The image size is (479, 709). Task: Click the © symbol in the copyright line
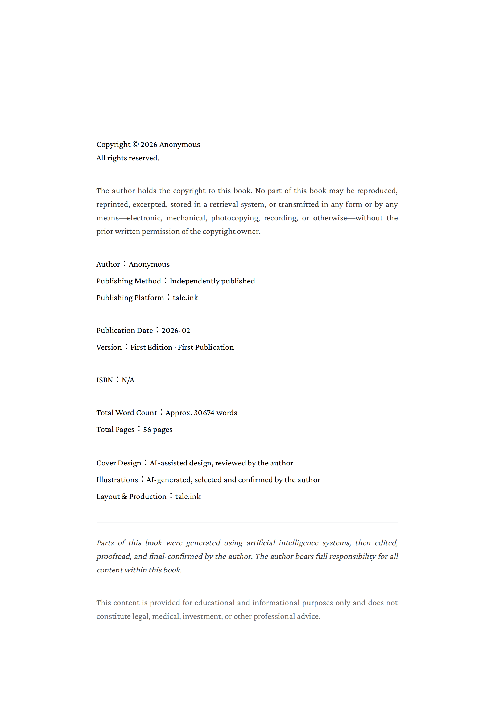[135, 145]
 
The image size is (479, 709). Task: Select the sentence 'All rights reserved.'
[127, 158]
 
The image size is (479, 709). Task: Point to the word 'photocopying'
[235, 218]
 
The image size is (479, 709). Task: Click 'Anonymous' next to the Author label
[149, 264]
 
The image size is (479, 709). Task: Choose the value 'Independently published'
[212, 281]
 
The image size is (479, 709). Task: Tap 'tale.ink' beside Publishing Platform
[185, 298]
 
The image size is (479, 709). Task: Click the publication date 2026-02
[175, 330]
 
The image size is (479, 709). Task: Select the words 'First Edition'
[151, 347]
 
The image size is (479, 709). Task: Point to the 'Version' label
[109, 347]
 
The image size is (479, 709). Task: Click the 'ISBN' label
[105, 380]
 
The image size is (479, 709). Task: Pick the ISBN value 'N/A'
[128, 380]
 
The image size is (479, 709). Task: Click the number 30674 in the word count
[204, 413]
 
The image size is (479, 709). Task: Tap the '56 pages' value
[158, 430]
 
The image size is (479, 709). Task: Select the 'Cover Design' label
[119, 463]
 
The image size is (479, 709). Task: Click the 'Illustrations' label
[117, 480]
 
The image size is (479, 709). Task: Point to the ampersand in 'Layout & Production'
[124, 497]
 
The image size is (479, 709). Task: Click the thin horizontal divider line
[247, 523]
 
